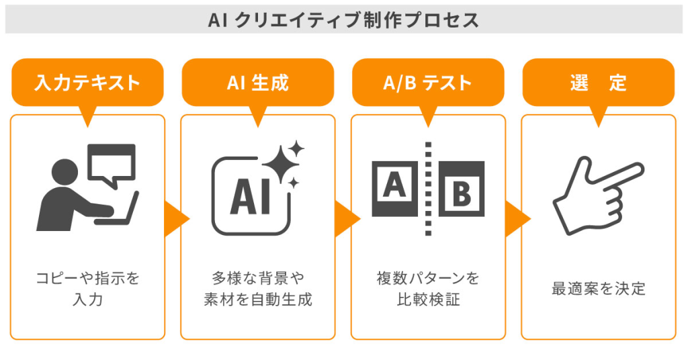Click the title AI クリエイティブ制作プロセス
[344, 20]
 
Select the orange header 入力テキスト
[87, 83]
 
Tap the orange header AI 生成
[257, 83]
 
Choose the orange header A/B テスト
[428, 83]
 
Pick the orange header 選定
[598, 83]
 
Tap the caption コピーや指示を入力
[87, 288]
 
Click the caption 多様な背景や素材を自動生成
[257, 288]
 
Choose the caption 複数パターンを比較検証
[428, 288]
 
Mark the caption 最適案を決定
[598, 289]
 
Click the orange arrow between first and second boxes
[174, 219]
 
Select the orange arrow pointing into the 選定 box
[515, 219]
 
